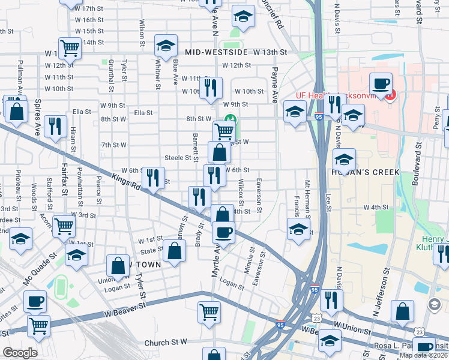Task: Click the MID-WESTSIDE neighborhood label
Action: pos(217,53)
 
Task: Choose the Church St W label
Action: pos(166,343)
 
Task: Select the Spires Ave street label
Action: pos(37,116)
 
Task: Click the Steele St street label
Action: pos(182,158)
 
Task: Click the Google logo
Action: pos(20,353)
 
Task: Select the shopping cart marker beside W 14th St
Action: pos(70,48)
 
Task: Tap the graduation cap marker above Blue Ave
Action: pos(166,45)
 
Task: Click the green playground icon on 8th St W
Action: pos(229,119)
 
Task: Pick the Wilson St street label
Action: pos(142,34)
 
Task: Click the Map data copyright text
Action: pos(423,355)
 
